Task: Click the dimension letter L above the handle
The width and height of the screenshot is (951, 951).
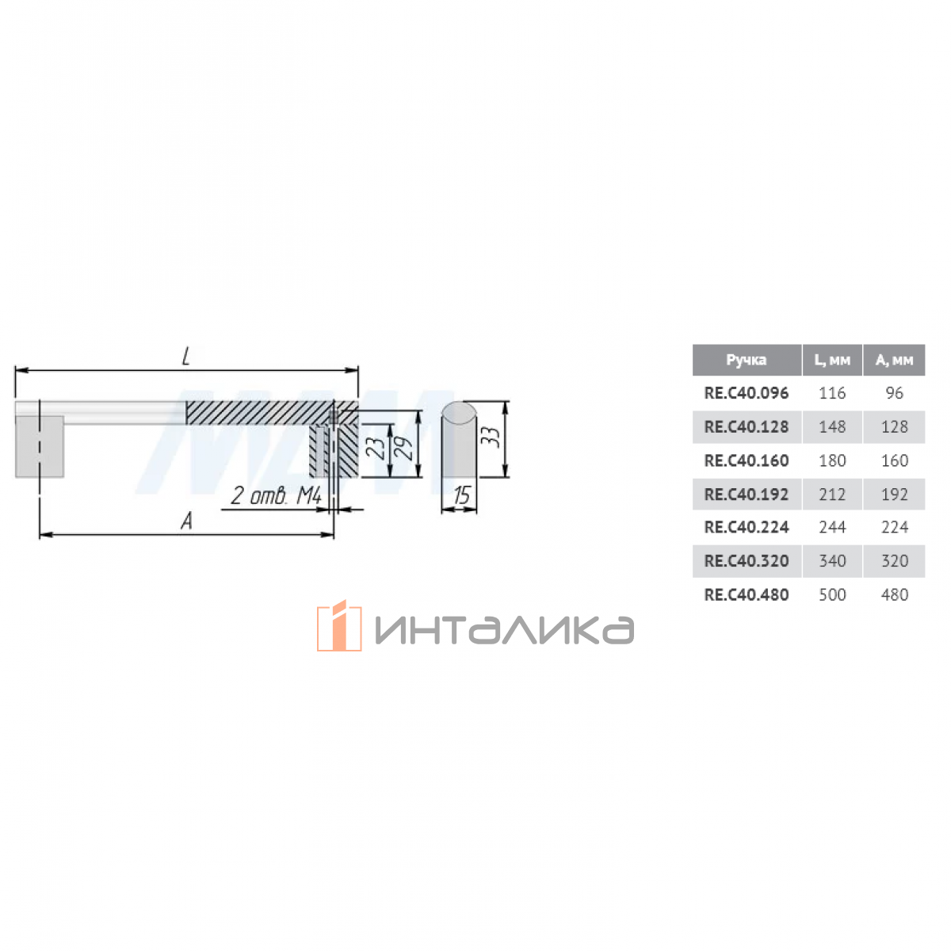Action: [x=186, y=357]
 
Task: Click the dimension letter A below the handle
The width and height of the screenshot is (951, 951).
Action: [x=186, y=521]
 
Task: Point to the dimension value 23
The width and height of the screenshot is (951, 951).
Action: [x=377, y=448]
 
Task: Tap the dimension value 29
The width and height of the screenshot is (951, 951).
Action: [x=405, y=448]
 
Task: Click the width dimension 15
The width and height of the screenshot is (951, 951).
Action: [x=461, y=495]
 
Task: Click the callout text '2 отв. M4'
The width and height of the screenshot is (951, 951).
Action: [x=277, y=495]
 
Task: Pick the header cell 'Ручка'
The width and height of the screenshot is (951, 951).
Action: [x=746, y=360]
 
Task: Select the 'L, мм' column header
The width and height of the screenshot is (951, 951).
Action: [x=831, y=361]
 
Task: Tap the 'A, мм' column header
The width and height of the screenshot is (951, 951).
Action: [x=894, y=361]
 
